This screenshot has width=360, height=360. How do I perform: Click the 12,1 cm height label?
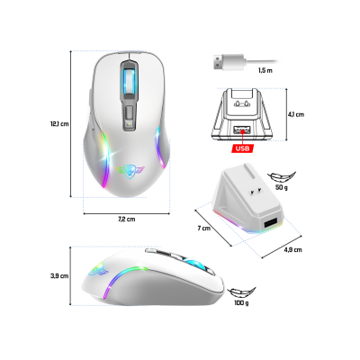tap(59, 123)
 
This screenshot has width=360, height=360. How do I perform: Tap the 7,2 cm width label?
tap(126, 219)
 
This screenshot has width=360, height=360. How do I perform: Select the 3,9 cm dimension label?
tap(59, 276)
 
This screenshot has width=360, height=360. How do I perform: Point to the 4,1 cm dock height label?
tap(296, 114)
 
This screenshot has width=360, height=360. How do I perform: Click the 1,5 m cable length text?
tap(265, 70)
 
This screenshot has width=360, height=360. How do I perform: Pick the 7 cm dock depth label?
tap(204, 229)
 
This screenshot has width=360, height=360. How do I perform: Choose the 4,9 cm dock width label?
tap(292, 249)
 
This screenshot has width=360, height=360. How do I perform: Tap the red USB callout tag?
tap(242, 148)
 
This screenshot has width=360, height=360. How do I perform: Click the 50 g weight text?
tap(282, 187)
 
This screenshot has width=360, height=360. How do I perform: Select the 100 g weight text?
tap(241, 303)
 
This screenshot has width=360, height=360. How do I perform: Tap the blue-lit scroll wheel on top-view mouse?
tap(130, 81)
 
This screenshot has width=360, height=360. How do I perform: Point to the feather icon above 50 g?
tap(283, 177)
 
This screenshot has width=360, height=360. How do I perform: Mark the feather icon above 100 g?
tap(241, 292)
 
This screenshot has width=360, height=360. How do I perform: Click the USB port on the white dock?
tap(270, 224)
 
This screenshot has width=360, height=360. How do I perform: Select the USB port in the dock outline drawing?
tap(241, 130)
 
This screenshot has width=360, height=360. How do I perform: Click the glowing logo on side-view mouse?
tap(98, 269)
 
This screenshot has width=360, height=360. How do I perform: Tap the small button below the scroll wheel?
tap(130, 113)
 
